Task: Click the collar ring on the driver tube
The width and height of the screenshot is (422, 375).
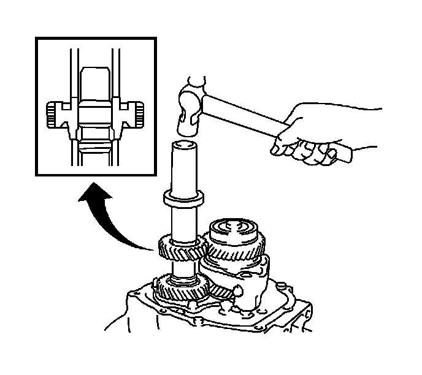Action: click(x=182, y=199)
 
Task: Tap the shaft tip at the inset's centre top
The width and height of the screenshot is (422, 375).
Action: click(x=96, y=74)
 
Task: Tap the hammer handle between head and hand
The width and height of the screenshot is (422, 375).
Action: click(x=245, y=113)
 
